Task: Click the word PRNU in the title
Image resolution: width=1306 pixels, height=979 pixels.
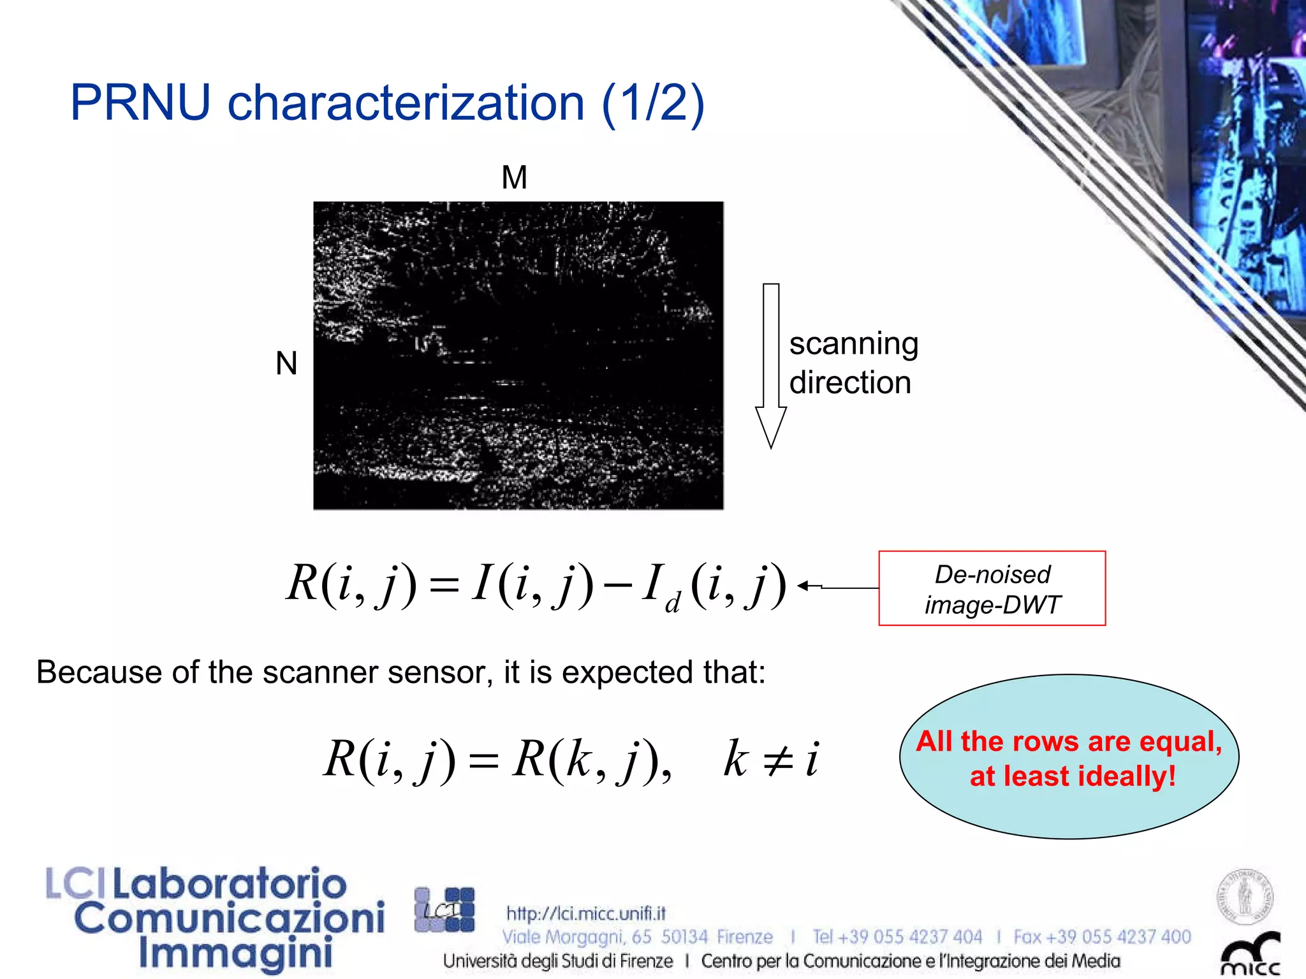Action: tap(140, 103)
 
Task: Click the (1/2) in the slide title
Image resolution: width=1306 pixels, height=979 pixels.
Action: tap(653, 103)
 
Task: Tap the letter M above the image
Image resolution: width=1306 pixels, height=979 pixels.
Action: tap(514, 177)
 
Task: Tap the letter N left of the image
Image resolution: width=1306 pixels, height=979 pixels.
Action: tap(286, 364)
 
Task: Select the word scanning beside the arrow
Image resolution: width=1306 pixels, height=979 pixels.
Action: tap(853, 344)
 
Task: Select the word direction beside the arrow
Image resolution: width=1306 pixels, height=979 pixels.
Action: tap(850, 383)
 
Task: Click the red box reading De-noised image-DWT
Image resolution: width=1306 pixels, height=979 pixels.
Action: tap(992, 588)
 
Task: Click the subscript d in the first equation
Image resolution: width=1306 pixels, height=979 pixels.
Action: tap(672, 602)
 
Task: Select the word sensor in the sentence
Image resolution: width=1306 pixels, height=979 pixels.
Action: tap(439, 672)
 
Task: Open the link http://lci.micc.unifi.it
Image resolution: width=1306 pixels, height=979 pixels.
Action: tap(585, 913)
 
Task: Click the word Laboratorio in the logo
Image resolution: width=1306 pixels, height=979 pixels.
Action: tap(230, 884)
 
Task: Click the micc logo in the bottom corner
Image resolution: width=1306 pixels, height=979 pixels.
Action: tap(1250, 955)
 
